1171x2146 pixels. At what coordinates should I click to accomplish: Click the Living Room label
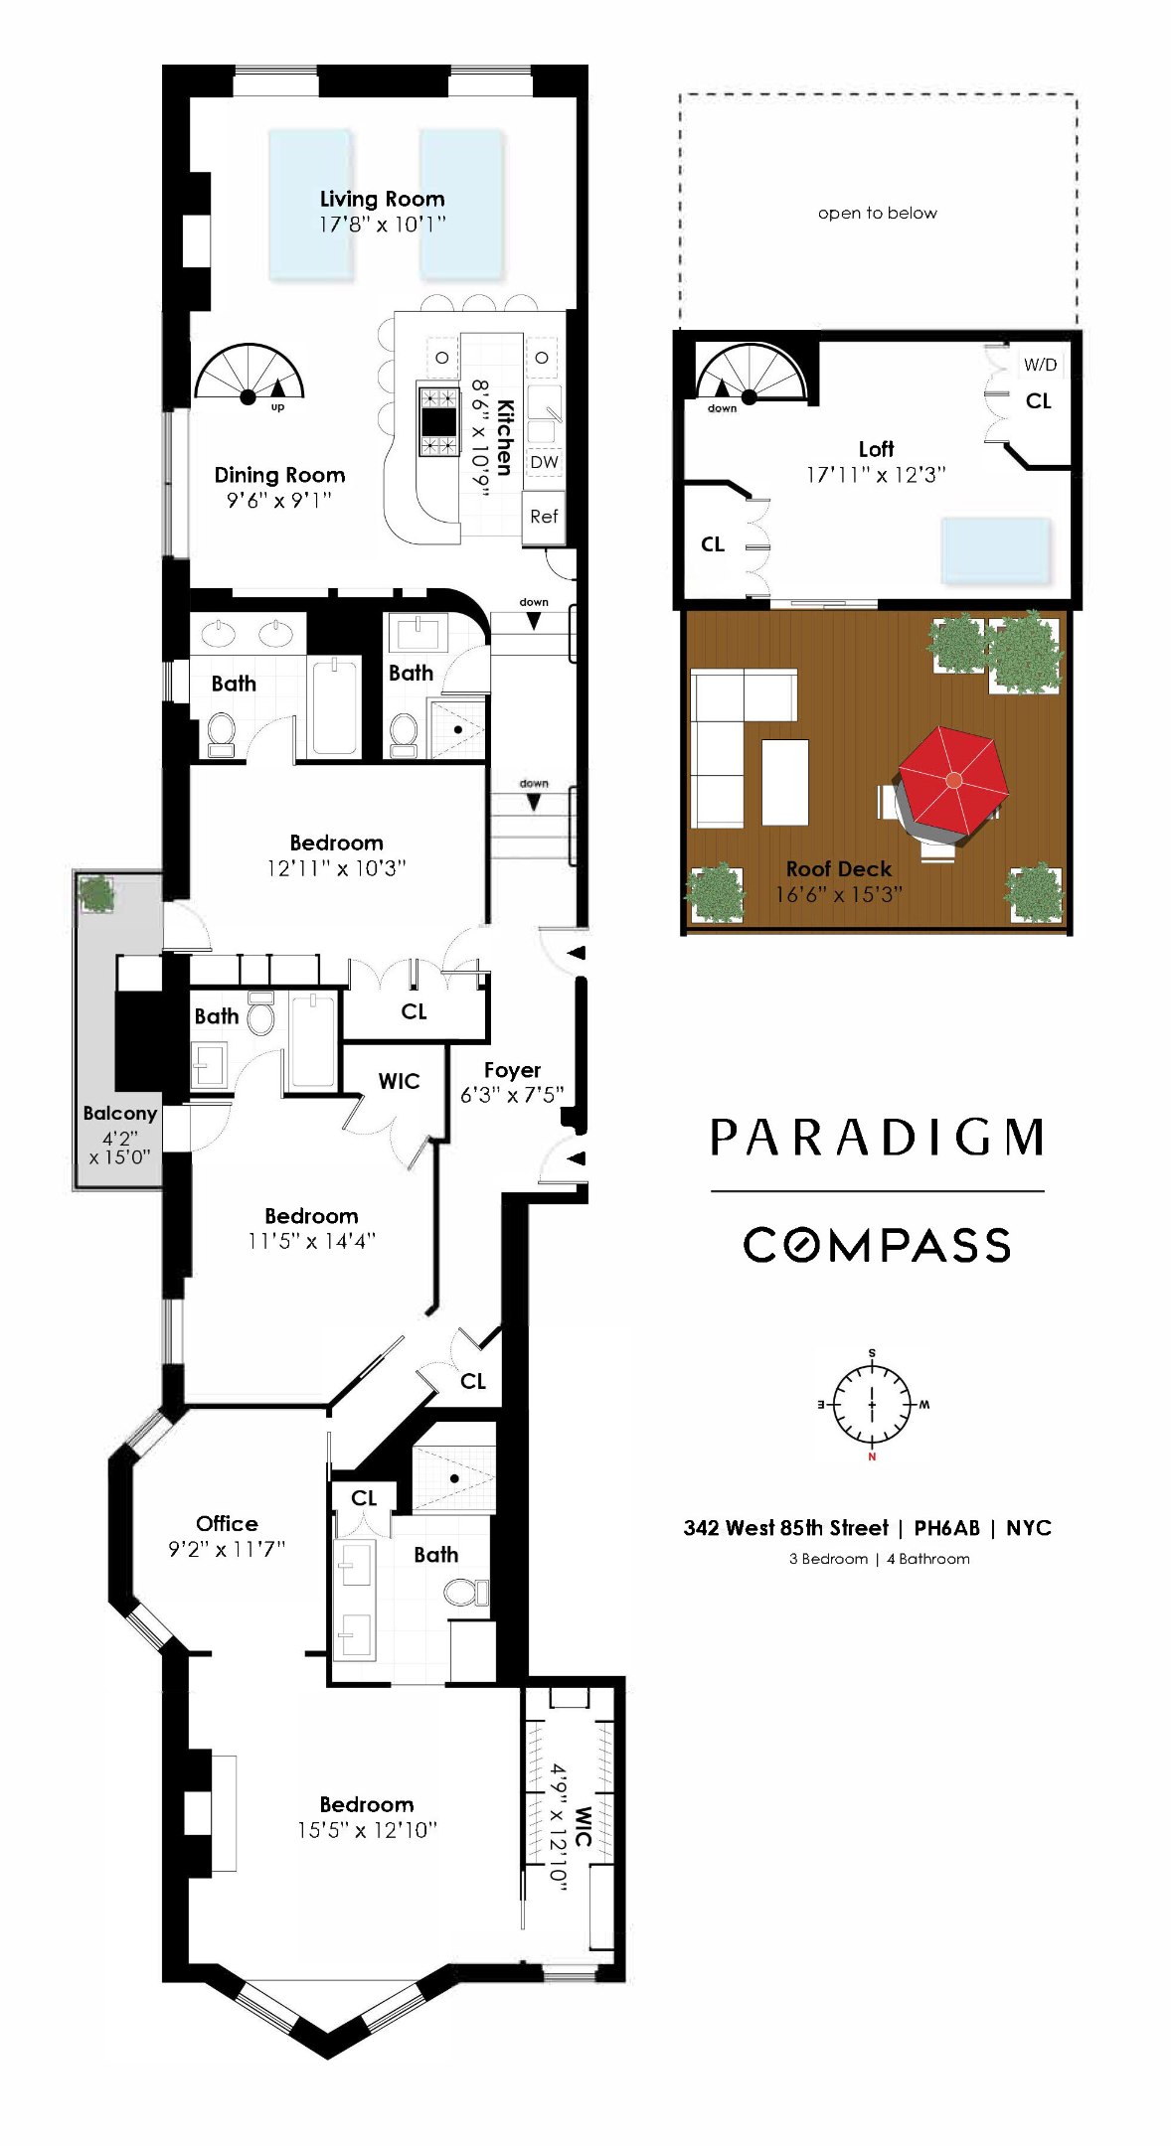click(x=382, y=199)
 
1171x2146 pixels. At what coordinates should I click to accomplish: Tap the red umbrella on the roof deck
click(x=952, y=780)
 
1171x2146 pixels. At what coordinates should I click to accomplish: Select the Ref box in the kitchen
click(x=543, y=517)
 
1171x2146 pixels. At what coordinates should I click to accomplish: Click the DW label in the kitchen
click(x=544, y=462)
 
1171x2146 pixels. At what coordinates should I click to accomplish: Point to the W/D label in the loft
click(x=1040, y=365)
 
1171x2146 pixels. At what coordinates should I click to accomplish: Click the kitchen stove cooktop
click(x=438, y=420)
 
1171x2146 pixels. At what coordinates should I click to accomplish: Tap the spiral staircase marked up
click(x=249, y=376)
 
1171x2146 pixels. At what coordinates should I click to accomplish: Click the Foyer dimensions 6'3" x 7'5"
click(x=512, y=1095)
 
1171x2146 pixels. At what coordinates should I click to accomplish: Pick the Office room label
click(x=227, y=1523)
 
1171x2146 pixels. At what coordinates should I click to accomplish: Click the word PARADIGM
click(x=877, y=1139)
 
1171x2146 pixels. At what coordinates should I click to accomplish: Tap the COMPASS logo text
click(x=877, y=1245)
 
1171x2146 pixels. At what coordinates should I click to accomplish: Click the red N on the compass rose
click(x=872, y=1456)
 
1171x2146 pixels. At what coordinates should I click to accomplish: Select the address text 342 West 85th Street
click(x=785, y=1528)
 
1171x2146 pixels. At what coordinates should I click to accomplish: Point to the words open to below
click(x=877, y=213)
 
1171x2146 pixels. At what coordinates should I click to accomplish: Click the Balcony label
click(x=119, y=1113)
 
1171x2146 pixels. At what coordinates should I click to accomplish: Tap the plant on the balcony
click(x=96, y=893)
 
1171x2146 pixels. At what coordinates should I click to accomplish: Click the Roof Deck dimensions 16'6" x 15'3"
click(x=838, y=894)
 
